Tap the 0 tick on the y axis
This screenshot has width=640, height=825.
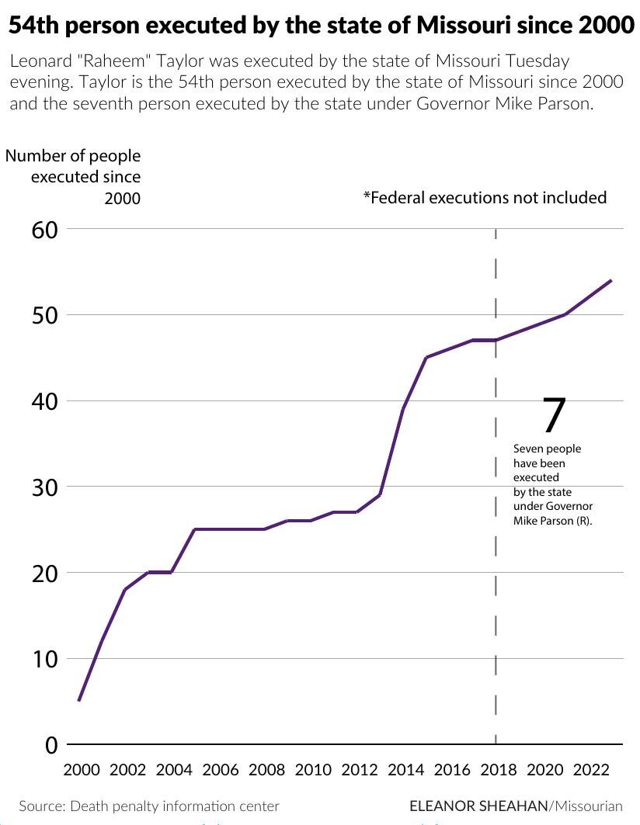52,745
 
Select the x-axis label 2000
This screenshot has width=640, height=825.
82,770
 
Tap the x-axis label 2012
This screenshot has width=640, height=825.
360,770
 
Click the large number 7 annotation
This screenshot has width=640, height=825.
553,416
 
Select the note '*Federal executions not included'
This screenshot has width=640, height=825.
485,198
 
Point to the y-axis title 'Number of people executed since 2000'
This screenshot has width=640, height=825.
74,177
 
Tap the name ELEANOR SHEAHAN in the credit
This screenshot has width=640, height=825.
478,806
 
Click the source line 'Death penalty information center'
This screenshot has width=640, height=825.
174,806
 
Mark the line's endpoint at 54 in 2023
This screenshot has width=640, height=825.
611,280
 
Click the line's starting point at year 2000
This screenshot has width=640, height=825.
79,701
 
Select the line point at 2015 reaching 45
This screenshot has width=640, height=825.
426,358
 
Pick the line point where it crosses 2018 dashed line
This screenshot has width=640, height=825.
496,340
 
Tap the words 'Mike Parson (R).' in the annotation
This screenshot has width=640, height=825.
552,522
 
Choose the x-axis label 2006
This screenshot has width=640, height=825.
221,770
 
